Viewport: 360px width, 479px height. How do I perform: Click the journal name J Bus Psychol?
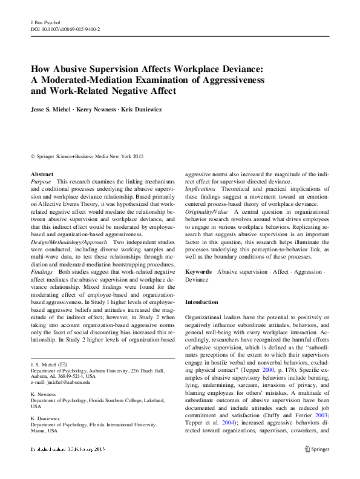pyautogui.click(x=46, y=21)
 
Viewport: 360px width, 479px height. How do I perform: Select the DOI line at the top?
pyautogui.click(x=65, y=28)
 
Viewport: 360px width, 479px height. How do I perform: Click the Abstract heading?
pyautogui.click(x=42, y=174)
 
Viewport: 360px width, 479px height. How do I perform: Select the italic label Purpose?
pyautogui.click(x=41, y=182)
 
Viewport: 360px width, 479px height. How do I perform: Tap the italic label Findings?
pyautogui.click(x=42, y=272)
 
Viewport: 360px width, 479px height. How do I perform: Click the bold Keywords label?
pyautogui.click(x=198, y=272)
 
